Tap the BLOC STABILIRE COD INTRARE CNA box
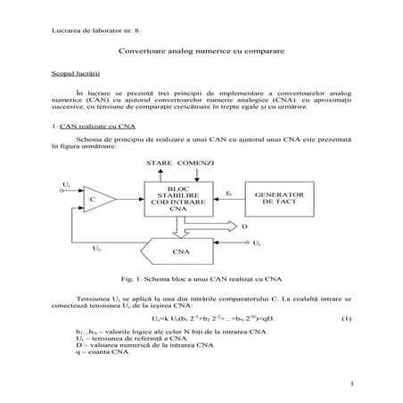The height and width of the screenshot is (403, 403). click(x=179, y=197)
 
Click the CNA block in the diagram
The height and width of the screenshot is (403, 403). click(x=179, y=251)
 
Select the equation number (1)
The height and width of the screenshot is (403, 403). click(x=346, y=318)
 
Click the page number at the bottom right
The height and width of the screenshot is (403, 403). click(x=353, y=384)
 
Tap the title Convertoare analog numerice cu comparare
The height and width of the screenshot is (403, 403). click(x=201, y=53)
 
